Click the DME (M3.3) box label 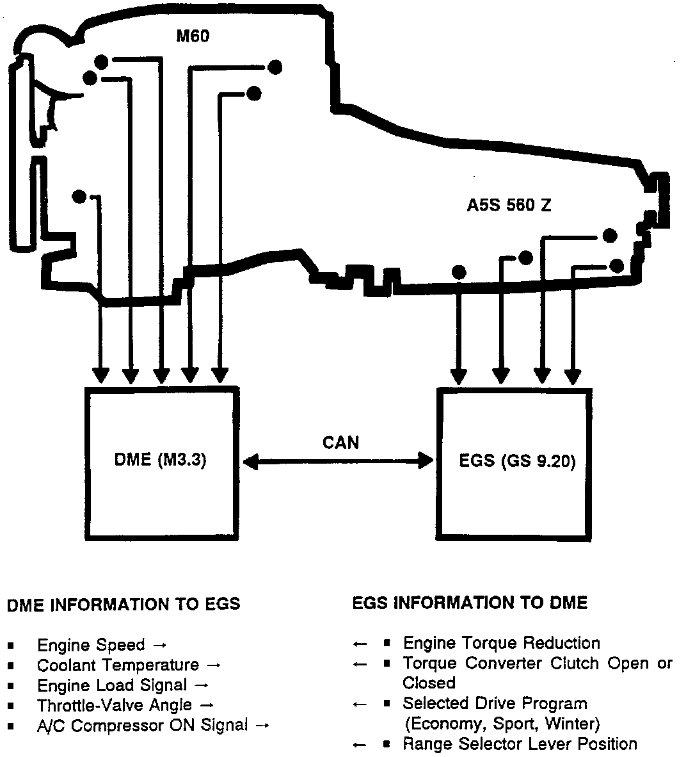(161, 461)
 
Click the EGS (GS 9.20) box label (517, 461)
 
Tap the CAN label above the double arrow (341, 443)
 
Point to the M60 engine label (193, 36)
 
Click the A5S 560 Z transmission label (509, 206)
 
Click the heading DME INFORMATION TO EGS (124, 604)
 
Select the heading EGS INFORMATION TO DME (470, 603)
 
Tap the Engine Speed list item (91, 645)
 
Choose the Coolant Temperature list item (118, 665)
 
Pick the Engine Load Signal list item (112, 685)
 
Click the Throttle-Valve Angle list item (115, 705)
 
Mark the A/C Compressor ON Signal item (142, 726)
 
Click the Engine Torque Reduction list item (502, 643)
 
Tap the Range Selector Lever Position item (520, 744)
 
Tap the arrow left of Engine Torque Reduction (360, 644)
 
